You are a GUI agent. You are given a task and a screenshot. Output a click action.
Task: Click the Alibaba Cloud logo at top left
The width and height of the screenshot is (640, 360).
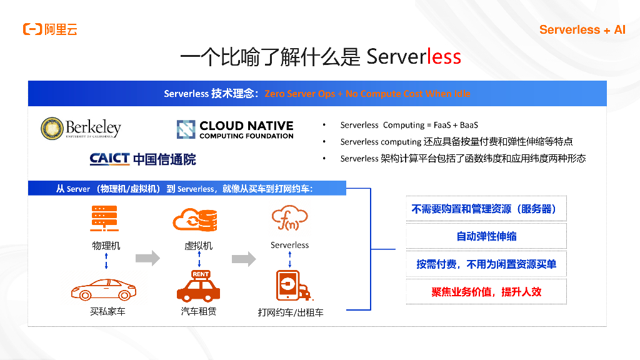pyautogui.click(x=50, y=29)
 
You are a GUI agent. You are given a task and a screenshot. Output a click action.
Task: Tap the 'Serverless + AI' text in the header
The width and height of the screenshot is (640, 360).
pyautogui.click(x=582, y=29)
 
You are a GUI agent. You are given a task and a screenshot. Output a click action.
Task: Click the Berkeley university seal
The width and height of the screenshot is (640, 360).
pyautogui.click(x=52, y=128)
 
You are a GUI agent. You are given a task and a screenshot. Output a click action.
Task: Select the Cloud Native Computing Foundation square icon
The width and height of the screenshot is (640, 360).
pyautogui.click(x=186, y=129)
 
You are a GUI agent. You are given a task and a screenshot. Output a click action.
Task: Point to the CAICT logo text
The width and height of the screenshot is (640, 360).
pyautogui.click(x=109, y=159)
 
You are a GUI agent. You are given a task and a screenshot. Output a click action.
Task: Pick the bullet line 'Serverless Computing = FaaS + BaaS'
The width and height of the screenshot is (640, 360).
pyautogui.click(x=409, y=125)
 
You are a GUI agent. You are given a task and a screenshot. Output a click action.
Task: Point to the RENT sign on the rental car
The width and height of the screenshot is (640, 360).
pyautogui.click(x=201, y=274)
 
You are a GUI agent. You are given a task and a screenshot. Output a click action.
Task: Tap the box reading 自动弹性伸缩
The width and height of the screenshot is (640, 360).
pyautogui.click(x=486, y=236)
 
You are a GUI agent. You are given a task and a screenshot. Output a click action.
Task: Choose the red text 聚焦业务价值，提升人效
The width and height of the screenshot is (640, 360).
pyautogui.click(x=486, y=292)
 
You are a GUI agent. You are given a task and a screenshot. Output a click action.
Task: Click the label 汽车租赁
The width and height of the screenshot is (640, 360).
pyautogui.click(x=199, y=311)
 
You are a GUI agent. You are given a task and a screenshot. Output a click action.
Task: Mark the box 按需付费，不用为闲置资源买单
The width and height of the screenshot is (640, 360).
pyautogui.click(x=486, y=264)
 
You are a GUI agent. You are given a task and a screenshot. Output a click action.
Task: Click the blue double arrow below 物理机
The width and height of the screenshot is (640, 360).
pyautogui.click(x=106, y=261)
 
